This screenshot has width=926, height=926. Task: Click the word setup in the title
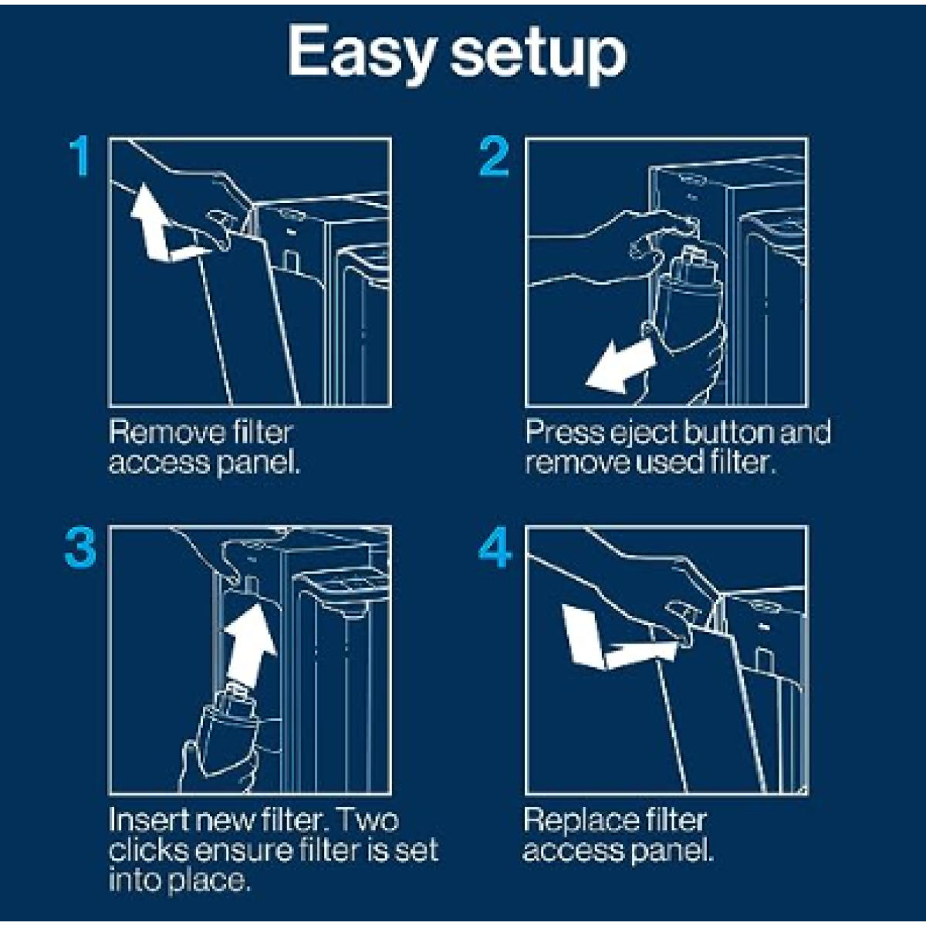(x=539, y=54)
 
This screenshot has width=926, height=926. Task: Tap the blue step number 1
(x=79, y=156)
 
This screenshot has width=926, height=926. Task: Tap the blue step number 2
(x=494, y=156)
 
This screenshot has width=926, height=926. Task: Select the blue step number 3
(x=80, y=549)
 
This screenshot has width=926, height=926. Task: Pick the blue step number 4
(x=495, y=549)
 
